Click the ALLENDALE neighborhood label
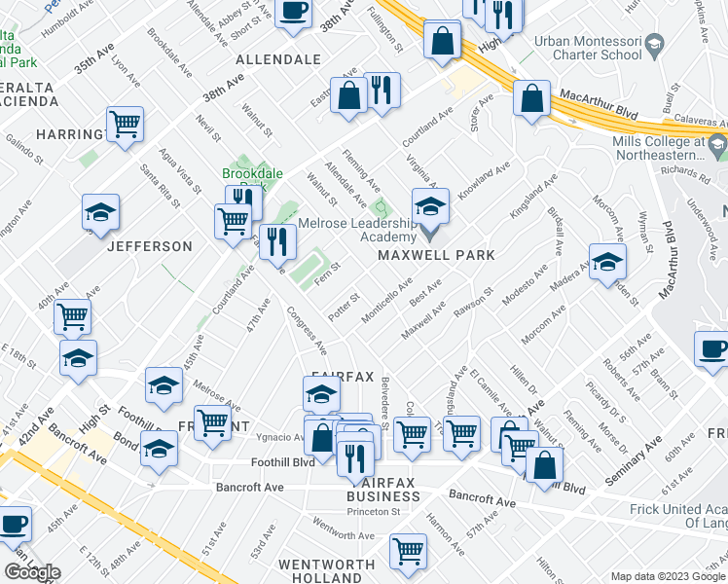(276, 59)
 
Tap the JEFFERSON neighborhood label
(149, 246)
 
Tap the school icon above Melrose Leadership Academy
(430, 206)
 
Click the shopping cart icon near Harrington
(125, 125)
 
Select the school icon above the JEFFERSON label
(99, 214)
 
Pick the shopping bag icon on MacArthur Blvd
(531, 98)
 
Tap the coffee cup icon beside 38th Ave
(293, 13)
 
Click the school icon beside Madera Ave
(607, 262)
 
